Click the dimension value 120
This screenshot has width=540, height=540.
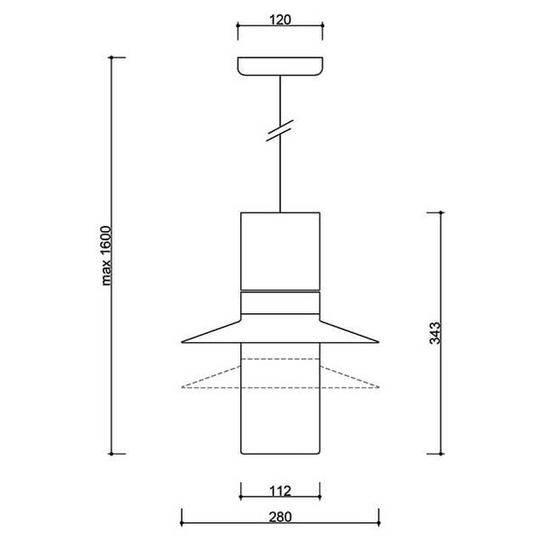pos(280,19)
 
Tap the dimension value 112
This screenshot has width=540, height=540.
pos(280,490)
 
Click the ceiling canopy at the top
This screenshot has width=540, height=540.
pos(280,67)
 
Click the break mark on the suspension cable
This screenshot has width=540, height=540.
pos(280,131)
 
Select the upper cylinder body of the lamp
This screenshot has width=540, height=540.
pos(280,251)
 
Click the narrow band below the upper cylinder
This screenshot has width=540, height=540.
pos(280,301)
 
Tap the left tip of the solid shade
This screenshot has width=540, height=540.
pos(183,342)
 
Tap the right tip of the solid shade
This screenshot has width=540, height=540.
pos(379,342)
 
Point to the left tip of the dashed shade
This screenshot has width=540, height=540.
pos(183,388)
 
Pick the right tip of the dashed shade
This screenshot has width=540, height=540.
pos(379,388)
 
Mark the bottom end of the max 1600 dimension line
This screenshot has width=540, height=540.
pos(112,453)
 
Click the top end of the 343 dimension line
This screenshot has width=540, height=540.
pos(440,212)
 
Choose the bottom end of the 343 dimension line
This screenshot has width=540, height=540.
pos(440,453)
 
